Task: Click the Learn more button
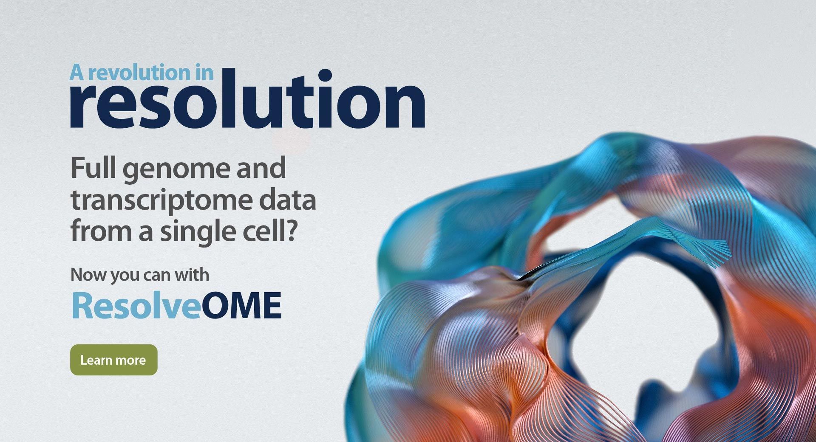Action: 113,360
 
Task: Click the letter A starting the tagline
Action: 76,73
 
